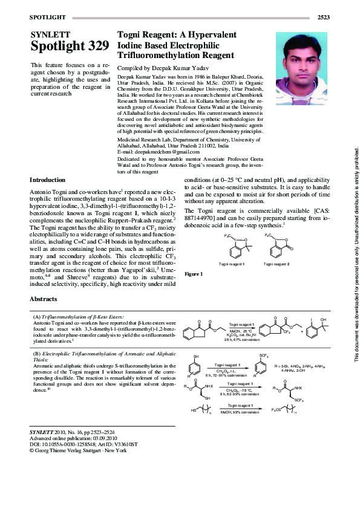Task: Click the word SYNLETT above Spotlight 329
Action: (50, 34)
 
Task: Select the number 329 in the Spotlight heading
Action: (96, 46)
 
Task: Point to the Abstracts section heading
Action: (44, 299)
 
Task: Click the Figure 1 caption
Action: (194, 274)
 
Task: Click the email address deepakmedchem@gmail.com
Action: (149, 152)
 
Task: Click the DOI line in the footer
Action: (83, 444)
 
